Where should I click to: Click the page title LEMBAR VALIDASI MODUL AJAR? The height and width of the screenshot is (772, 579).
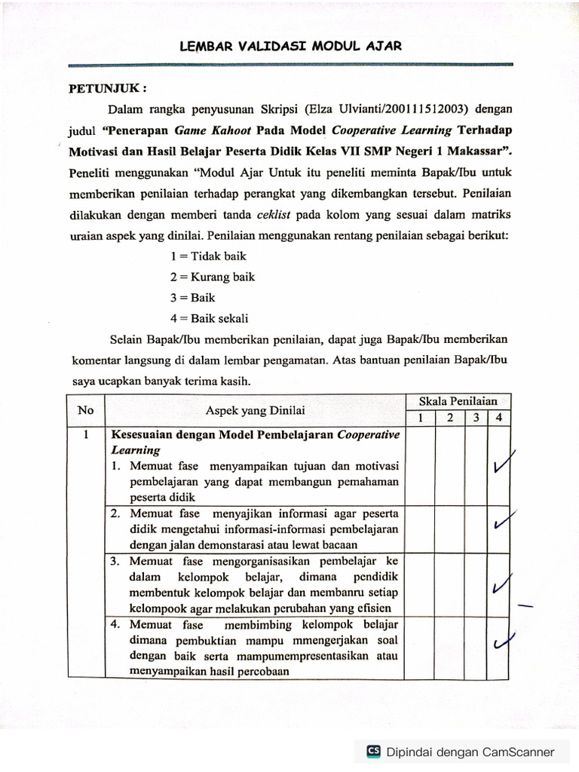pyautogui.click(x=290, y=46)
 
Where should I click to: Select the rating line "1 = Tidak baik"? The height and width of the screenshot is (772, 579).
pyautogui.click(x=208, y=256)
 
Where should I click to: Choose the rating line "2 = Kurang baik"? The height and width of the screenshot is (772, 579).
pyautogui.click(x=213, y=277)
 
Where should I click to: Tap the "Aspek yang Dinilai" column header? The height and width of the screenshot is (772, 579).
pyautogui.click(x=256, y=410)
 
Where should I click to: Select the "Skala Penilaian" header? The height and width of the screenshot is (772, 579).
pyautogui.click(x=458, y=401)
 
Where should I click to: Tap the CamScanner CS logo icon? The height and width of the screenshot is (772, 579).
pyautogui.click(x=373, y=752)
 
